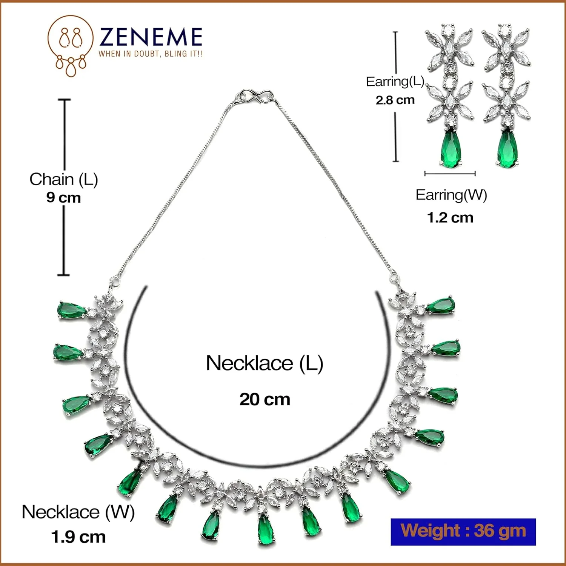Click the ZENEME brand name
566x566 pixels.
(x=151, y=37)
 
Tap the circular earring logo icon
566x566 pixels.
(x=71, y=45)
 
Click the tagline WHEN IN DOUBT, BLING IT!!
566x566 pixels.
(x=151, y=54)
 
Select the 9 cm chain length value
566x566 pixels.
(x=63, y=197)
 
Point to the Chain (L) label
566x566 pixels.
(x=63, y=179)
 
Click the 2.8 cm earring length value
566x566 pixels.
(x=395, y=100)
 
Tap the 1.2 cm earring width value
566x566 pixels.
(x=450, y=218)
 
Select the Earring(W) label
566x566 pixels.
(x=451, y=195)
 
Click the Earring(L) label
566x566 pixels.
(x=395, y=82)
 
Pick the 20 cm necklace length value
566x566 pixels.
(x=265, y=399)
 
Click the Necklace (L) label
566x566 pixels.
(x=265, y=363)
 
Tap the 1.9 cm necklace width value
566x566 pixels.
(x=78, y=537)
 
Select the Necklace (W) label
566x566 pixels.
(x=78, y=512)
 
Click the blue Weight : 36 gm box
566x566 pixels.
(x=463, y=531)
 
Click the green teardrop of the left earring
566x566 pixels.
(x=451, y=148)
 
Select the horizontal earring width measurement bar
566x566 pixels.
(x=450, y=174)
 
